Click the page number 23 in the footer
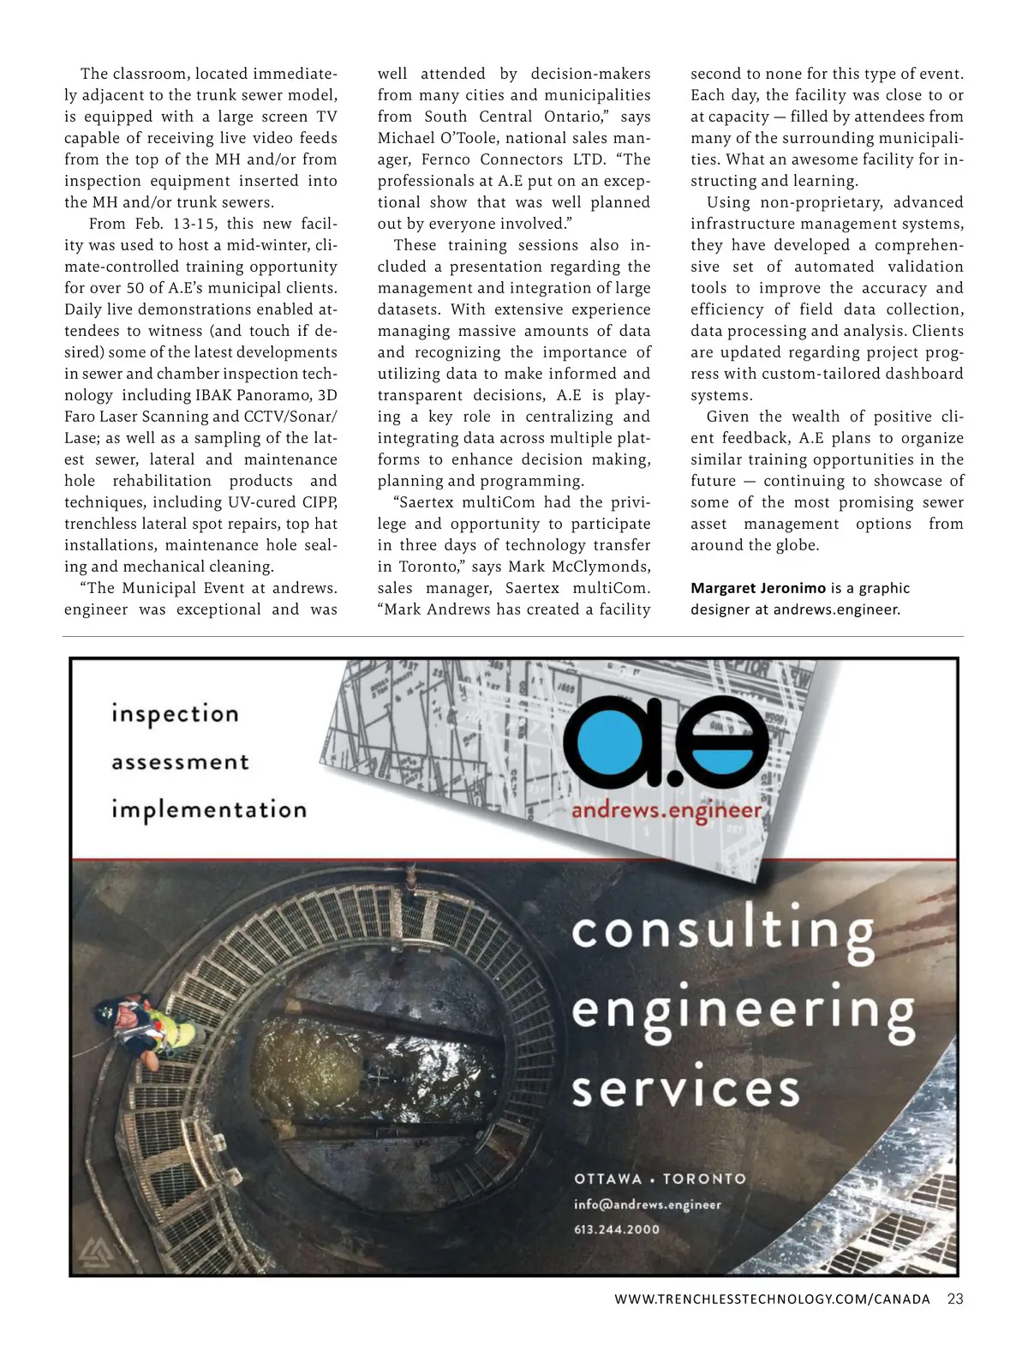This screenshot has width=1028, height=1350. click(x=955, y=1299)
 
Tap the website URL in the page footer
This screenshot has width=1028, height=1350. click(x=772, y=1299)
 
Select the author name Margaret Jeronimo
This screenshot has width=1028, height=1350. click(x=758, y=588)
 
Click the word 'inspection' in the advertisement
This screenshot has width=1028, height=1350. click(x=175, y=714)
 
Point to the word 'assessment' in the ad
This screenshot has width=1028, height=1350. click(x=180, y=762)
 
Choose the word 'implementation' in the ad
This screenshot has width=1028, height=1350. click(x=208, y=810)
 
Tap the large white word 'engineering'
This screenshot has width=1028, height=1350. click(x=743, y=1011)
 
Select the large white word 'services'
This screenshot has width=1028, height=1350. click(x=685, y=1089)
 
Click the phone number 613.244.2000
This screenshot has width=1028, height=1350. click(x=617, y=1229)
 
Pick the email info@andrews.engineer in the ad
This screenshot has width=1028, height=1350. click(x=647, y=1204)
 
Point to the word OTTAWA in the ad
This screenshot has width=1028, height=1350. click(x=607, y=1179)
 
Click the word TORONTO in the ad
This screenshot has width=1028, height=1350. click(x=704, y=1179)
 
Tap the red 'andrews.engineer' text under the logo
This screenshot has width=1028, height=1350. click(x=666, y=811)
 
